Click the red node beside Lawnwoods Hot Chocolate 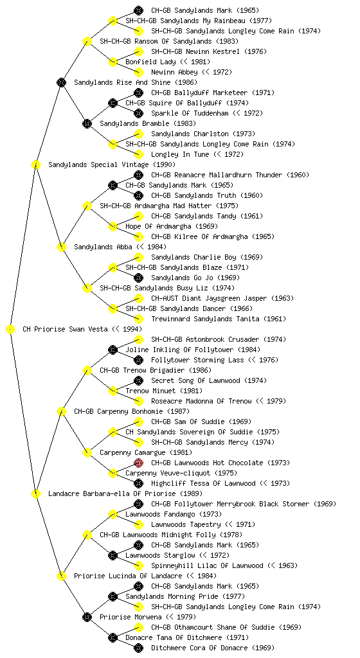click(138, 463)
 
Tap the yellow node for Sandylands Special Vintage click(35, 164)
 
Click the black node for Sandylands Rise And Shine click(61, 82)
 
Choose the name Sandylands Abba click(104, 247)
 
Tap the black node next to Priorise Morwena click(87, 617)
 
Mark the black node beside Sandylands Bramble click(87, 123)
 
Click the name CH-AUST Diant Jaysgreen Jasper click(209, 298)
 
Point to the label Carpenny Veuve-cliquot click(168, 473)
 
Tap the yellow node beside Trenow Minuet click(113, 391)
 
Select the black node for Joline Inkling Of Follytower click(113, 350)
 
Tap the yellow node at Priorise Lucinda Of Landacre click(61, 576)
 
